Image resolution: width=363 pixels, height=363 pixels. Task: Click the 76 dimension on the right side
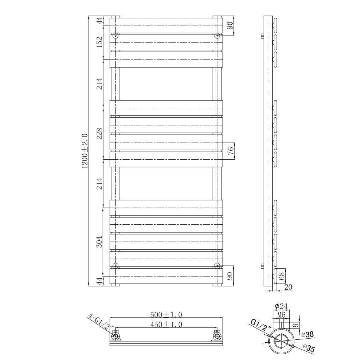pyautogui.click(x=231, y=151)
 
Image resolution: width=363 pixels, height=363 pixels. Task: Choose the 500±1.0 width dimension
pyautogui.click(x=166, y=314)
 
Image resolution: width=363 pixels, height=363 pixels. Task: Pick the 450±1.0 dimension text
pyautogui.click(x=166, y=324)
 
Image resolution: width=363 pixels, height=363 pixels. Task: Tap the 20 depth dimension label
pyautogui.click(x=288, y=287)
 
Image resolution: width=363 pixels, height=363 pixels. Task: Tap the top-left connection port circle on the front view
pyautogui.click(x=115, y=36)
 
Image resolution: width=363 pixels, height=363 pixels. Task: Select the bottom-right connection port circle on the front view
pyautogui.click(x=217, y=265)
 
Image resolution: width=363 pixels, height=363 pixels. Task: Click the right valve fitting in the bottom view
pyautogui.click(x=217, y=336)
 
